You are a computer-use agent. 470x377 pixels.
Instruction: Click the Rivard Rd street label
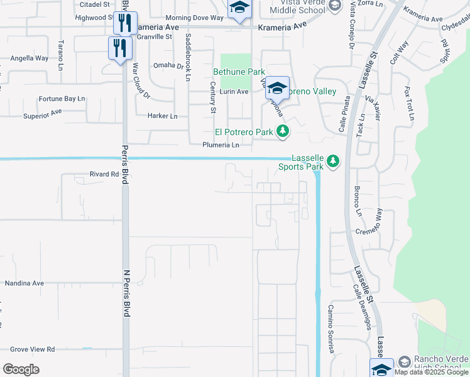104,174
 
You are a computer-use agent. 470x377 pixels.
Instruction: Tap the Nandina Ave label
25,283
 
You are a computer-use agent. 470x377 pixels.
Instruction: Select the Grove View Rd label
32,349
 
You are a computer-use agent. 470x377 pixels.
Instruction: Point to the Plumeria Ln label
221,145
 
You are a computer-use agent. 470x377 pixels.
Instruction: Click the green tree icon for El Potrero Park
283,131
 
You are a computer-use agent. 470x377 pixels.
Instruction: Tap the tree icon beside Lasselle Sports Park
332,162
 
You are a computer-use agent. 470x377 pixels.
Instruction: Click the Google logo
21,369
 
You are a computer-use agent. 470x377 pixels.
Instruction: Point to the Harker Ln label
163,116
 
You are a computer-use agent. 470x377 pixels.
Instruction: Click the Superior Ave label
43,114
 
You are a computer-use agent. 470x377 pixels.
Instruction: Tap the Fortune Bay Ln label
62,99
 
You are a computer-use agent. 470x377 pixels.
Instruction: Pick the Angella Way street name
29,58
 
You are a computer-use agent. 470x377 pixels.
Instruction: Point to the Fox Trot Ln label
409,103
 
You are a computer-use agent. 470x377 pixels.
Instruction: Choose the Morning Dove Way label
194,18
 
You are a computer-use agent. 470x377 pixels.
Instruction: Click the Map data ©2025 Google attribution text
432,372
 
